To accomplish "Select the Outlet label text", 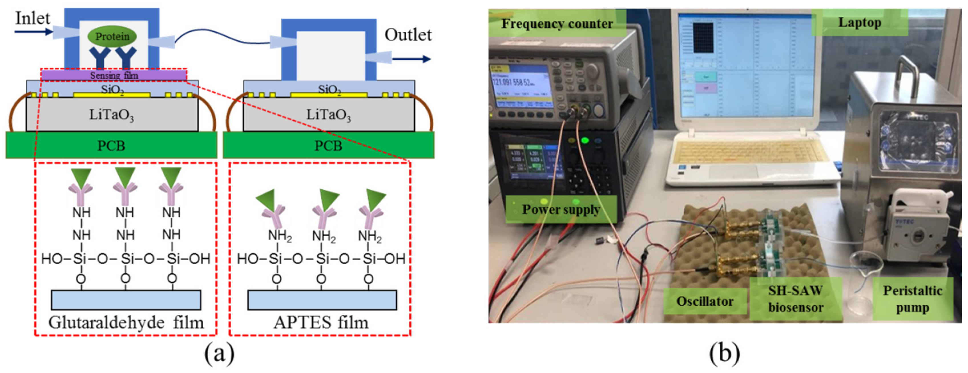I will pyautogui.click(x=408, y=35).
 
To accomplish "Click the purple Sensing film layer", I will pyautogui.click(x=114, y=75).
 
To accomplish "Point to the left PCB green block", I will pyautogui.click(x=111, y=145).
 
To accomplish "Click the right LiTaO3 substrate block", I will pyautogui.click(x=329, y=114).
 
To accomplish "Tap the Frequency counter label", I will pyautogui.click(x=557, y=24).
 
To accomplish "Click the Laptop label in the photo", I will pyautogui.click(x=859, y=23).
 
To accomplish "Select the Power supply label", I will pyautogui.click(x=561, y=209).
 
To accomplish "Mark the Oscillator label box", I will pyautogui.click(x=705, y=301).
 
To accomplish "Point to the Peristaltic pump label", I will pyautogui.click(x=912, y=299).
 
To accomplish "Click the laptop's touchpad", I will pyautogui.click(x=733, y=171).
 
